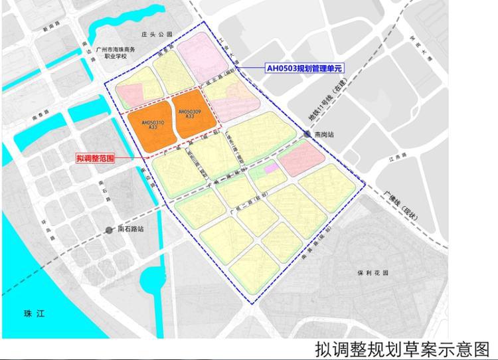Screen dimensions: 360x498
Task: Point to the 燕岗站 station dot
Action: point(307,134)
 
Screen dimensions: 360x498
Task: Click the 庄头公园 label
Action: point(156,34)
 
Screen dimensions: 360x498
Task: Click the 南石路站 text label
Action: point(131,230)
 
